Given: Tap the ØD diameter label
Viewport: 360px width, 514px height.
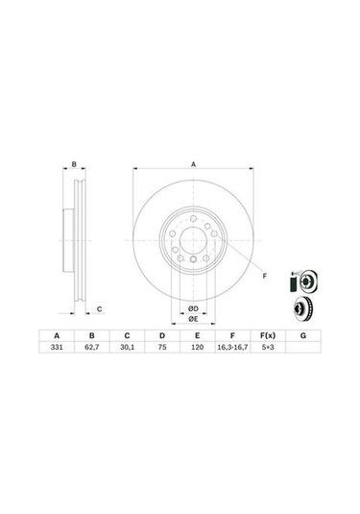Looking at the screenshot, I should pos(192,306).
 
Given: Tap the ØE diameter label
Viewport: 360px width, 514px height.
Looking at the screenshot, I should pos(192,318).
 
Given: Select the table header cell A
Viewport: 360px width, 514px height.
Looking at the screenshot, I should pos(55,336).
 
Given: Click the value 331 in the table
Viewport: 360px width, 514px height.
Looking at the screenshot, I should pos(55,352).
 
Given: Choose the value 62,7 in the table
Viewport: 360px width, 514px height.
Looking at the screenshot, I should pos(92,352).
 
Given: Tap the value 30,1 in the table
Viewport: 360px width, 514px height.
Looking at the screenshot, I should pos(127,352).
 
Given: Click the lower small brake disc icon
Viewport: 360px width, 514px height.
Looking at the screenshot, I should pos(302,309).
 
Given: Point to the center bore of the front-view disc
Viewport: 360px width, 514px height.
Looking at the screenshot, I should pos(192,240).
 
